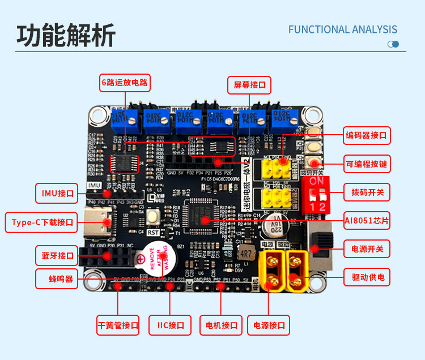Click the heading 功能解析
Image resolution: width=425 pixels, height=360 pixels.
point(66,35)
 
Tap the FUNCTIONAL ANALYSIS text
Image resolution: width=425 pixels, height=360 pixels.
point(343,29)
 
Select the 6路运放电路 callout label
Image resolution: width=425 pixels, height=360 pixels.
point(125,83)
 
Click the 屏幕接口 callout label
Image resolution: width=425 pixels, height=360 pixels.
point(249,85)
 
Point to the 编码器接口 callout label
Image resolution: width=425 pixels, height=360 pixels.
point(367,135)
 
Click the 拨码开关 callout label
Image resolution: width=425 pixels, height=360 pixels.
point(367,192)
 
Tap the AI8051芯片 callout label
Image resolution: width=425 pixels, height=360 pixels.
point(367,221)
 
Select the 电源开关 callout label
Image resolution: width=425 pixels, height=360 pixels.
point(367,248)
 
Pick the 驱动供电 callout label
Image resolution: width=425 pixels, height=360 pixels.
point(367,277)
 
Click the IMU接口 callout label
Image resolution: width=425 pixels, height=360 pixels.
point(57,193)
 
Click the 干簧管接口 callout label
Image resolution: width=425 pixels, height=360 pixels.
point(118,325)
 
